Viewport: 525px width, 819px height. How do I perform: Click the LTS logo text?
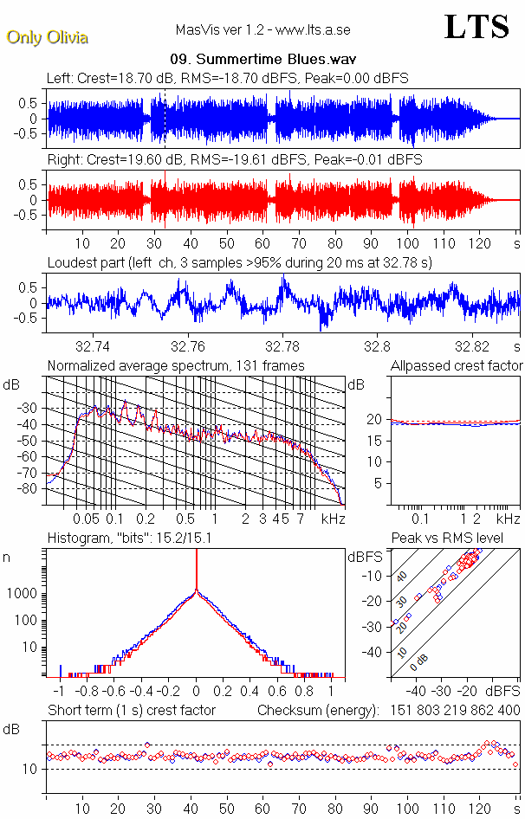click(476, 27)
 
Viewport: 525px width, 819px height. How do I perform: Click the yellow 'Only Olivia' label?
click(47, 37)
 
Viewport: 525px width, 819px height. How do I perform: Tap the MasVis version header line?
click(264, 30)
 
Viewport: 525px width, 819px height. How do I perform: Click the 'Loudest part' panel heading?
click(239, 262)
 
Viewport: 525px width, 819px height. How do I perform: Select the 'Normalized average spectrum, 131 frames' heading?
click(176, 366)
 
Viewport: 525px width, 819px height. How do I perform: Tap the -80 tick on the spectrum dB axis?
click(27, 489)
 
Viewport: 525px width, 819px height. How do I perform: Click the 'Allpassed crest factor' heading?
click(457, 366)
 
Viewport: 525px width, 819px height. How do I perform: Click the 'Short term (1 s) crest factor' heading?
click(131, 711)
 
